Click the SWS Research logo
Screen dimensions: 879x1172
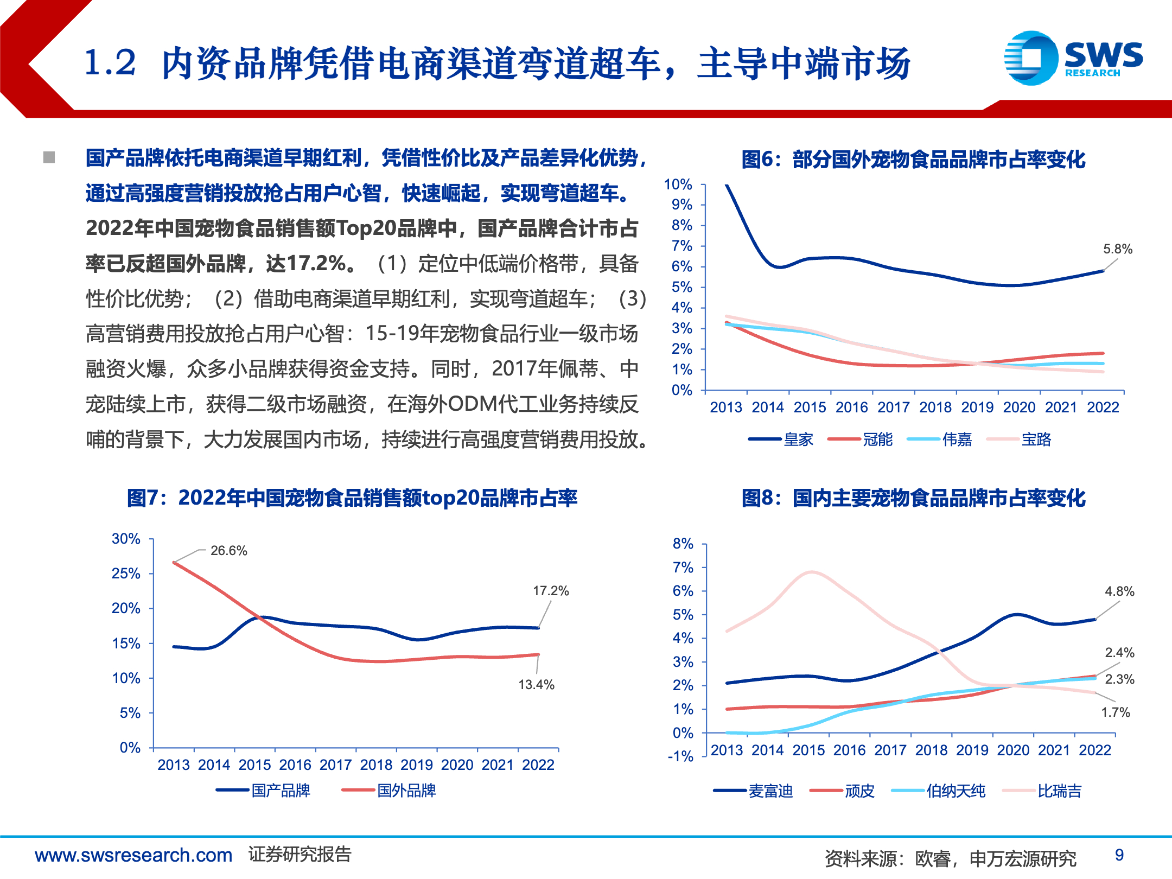[x=1073, y=58]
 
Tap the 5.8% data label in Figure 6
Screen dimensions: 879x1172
[x=1118, y=249]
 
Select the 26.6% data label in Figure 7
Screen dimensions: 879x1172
[x=228, y=551]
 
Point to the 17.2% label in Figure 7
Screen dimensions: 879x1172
[x=551, y=591]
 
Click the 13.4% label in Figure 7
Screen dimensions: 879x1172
[x=536, y=685]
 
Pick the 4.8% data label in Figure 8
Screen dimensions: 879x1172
[x=1119, y=591]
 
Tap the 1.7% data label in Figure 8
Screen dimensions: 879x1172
[x=1115, y=712]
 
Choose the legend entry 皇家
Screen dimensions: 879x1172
[x=798, y=439]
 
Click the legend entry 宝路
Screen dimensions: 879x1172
[x=1036, y=439]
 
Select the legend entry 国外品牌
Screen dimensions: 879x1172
[x=406, y=791]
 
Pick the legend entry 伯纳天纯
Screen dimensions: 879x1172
[x=956, y=791]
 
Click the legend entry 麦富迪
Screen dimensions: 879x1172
[x=770, y=791]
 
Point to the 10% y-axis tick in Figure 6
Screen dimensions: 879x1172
[x=678, y=184]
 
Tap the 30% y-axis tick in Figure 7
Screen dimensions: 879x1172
[x=126, y=539]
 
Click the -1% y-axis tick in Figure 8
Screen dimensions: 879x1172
[x=680, y=756]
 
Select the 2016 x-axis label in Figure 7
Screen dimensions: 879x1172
[x=295, y=765]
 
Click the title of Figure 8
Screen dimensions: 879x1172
[x=914, y=498]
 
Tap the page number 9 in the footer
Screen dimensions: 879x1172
[x=1119, y=855]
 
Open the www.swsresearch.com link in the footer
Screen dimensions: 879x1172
[x=133, y=855]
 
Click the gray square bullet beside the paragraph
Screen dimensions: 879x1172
[x=49, y=157]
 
